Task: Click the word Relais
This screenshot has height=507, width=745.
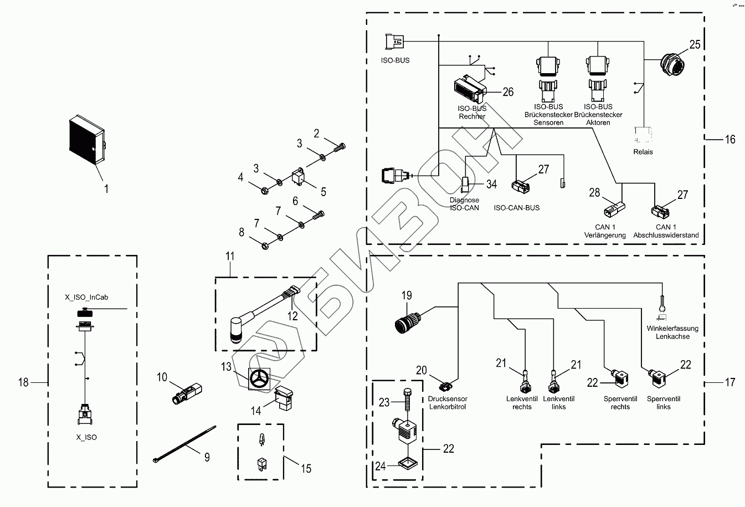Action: point(643,152)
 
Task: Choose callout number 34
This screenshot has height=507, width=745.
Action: point(491,184)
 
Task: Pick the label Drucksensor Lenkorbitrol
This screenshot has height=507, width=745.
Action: point(448,403)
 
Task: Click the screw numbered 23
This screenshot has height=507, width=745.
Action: point(409,402)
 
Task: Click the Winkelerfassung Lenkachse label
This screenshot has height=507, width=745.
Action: point(672,332)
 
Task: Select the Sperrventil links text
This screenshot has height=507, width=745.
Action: point(663,403)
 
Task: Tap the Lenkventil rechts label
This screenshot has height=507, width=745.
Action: point(519,403)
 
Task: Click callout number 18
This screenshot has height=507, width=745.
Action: point(23,382)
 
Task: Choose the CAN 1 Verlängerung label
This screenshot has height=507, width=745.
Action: point(605,231)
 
